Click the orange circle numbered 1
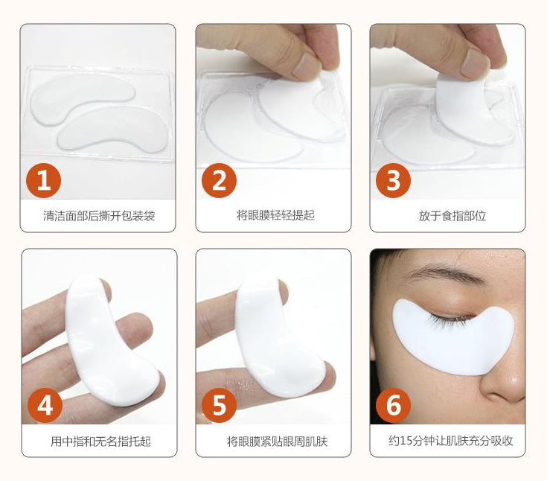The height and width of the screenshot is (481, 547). (x=44, y=180)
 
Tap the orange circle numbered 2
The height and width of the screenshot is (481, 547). (x=219, y=180)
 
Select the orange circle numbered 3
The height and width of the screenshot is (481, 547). (x=393, y=180)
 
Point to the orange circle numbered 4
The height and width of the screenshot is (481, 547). (x=45, y=405)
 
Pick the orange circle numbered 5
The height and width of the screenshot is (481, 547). (x=219, y=405)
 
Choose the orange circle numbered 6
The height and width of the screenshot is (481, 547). (x=393, y=405)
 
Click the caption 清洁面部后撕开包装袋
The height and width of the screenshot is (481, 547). (x=99, y=216)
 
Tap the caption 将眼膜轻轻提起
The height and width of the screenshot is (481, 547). (x=275, y=215)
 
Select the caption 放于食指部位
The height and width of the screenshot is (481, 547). (x=452, y=216)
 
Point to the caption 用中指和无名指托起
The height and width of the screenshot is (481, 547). (x=100, y=442)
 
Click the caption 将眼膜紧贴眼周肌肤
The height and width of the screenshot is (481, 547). (x=278, y=442)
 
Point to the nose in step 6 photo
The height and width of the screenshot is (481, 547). (x=502, y=370)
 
